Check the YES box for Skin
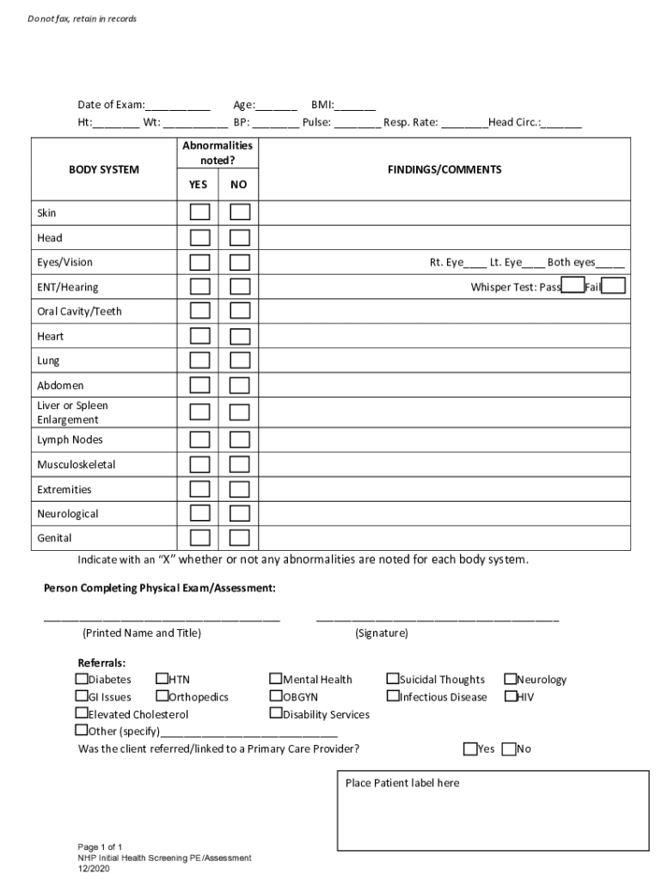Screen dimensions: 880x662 tap(199, 212)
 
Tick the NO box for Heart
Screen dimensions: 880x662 tap(240, 336)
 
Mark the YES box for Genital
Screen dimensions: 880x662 tap(199, 538)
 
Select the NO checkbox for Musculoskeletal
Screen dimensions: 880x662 tap(240, 465)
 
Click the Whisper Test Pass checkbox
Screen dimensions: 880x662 tap(573, 286)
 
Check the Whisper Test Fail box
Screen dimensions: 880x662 tap(613, 286)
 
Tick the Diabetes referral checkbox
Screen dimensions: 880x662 tap(82, 679)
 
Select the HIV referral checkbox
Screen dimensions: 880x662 tap(510, 696)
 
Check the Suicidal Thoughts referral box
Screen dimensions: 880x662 tap(393, 679)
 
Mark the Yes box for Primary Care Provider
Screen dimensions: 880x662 tap(470, 749)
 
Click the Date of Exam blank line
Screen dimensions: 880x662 tap(178, 106)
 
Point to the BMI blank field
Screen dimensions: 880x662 tap(355, 106)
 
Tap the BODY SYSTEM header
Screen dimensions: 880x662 tap(103, 169)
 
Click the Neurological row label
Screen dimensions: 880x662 tap(68, 514)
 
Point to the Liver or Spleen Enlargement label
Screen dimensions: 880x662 tap(72, 412)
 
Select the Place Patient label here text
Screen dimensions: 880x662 tap(402, 783)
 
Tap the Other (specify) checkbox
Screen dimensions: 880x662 tap(82, 730)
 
